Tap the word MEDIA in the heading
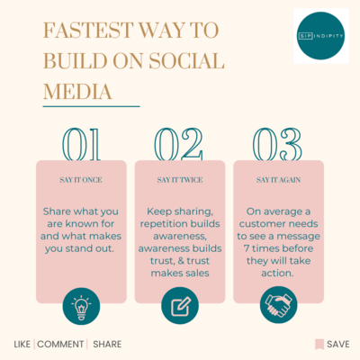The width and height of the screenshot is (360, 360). coord(77,92)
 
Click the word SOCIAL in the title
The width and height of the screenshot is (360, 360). coord(186,61)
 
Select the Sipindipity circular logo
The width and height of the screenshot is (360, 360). coord(320,36)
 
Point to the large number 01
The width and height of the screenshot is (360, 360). coord(81,144)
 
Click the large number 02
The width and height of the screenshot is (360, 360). coord(179,144)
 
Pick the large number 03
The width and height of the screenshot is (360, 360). coord(277,144)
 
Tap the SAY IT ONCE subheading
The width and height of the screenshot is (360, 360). coord(81,180)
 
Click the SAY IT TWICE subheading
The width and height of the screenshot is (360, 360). coord(180,180)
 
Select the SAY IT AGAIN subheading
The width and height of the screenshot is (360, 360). coord(279,180)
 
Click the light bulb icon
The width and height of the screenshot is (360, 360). coord(81,306)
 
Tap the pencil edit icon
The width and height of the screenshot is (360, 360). coord(181,306)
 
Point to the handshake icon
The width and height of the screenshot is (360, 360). coord(279,306)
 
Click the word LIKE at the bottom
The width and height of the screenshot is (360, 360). coord(22,344)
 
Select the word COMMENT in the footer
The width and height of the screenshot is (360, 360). coord(60,344)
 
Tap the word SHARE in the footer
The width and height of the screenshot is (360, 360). coord(107,344)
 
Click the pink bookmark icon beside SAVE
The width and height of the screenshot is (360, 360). coord(319,345)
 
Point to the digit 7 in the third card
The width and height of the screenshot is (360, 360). coord(247,248)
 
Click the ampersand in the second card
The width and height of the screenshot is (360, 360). coord(181,261)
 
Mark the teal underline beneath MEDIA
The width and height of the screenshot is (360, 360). coord(92,106)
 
